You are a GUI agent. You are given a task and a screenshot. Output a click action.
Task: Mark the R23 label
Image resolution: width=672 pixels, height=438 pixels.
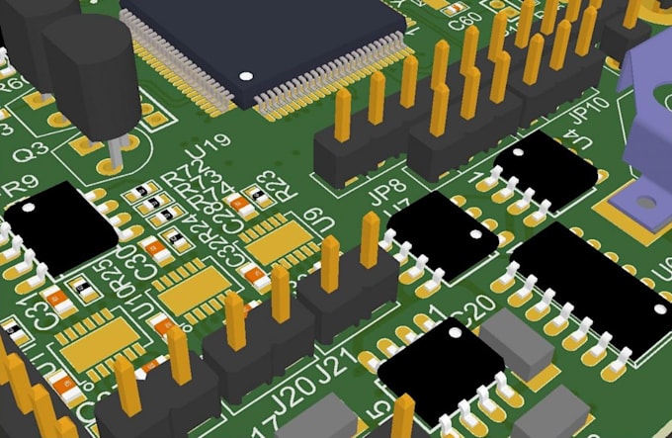tap(268, 185)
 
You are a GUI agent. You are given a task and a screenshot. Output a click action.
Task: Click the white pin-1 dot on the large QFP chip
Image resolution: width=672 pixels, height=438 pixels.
tap(246, 75)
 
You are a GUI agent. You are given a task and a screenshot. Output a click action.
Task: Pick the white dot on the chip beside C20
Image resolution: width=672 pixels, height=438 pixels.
tap(458, 337)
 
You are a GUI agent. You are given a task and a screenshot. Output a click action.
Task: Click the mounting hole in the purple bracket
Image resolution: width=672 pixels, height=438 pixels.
tap(647, 202)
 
